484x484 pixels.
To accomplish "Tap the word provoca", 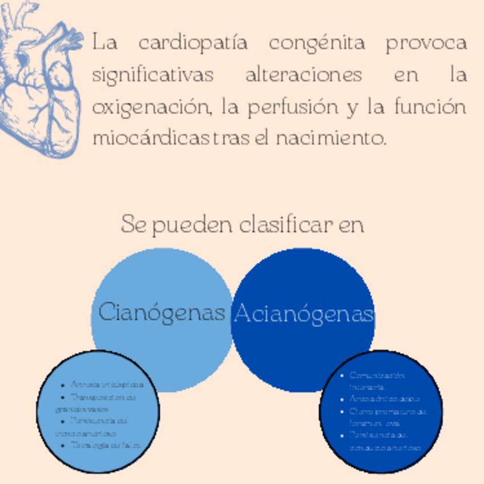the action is coord(426,43).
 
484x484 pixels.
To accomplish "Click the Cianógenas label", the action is coord(162,313).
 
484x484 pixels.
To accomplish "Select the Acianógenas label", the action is coord(304,313).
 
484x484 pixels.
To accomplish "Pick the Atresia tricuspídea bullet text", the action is coord(107,385).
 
